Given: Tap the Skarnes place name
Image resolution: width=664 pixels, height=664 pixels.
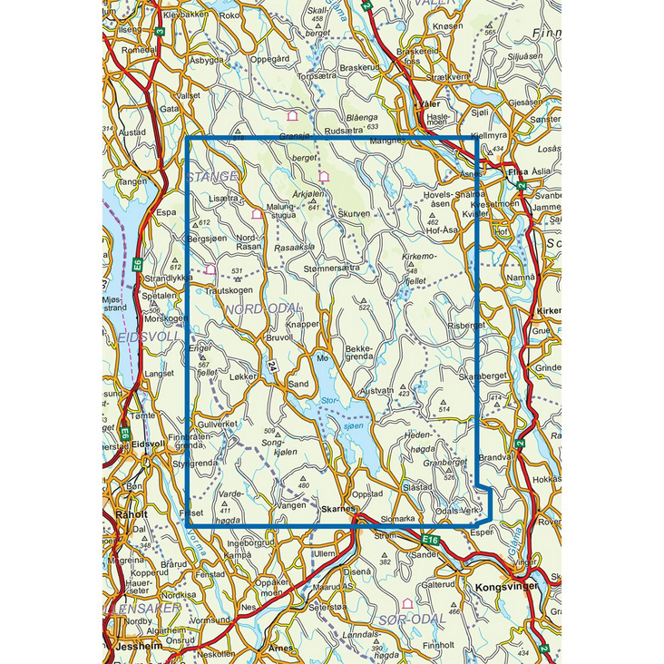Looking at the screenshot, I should click(x=337, y=510).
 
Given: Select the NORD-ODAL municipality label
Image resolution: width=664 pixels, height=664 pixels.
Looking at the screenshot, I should click(x=259, y=309).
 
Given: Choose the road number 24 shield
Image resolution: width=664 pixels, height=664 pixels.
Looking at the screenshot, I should click(x=270, y=366).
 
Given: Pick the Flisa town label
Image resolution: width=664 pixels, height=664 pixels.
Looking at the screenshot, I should click(x=518, y=171).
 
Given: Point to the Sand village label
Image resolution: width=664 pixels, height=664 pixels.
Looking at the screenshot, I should click(x=298, y=385).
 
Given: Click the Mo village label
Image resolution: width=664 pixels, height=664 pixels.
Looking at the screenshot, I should click(x=321, y=357).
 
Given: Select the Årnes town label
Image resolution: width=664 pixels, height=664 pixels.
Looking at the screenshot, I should click(x=282, y=648).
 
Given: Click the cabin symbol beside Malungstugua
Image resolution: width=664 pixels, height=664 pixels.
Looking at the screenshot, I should click(x=257, y=215).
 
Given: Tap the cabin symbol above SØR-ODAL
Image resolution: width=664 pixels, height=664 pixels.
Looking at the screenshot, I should click(x=407, y=603).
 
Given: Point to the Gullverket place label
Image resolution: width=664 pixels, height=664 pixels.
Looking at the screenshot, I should click(x=218, y=425).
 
